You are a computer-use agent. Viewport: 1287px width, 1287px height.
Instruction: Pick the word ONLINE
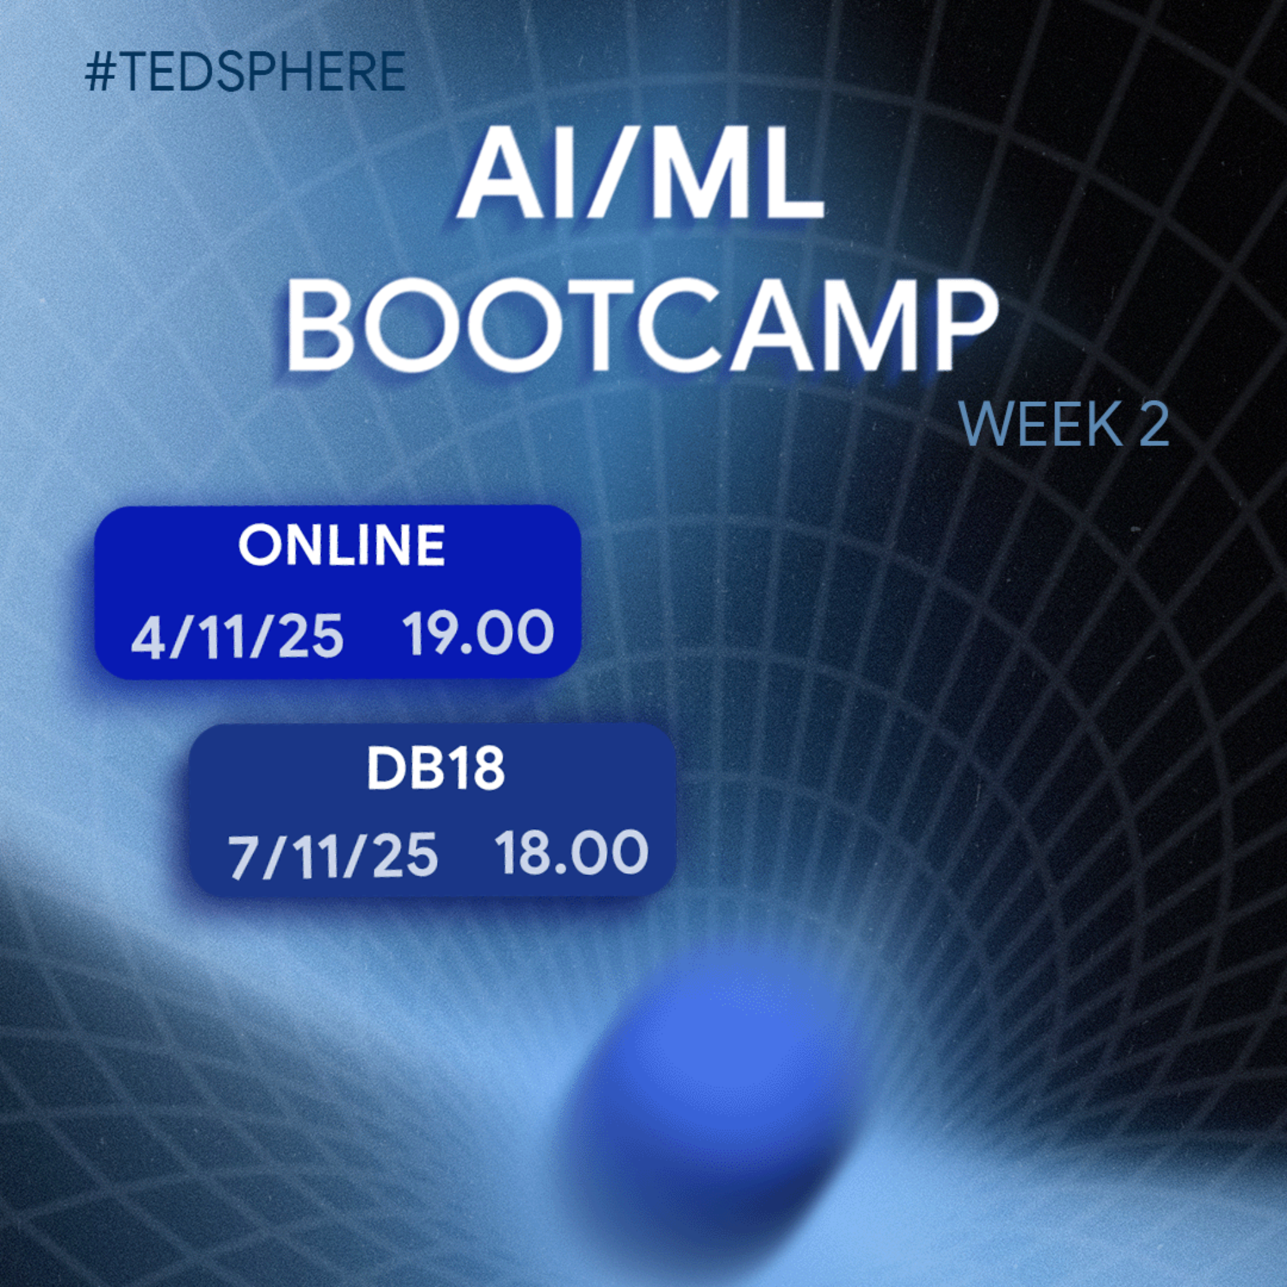coord(341,546)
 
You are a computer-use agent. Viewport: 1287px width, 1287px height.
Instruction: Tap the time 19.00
coord(478,632)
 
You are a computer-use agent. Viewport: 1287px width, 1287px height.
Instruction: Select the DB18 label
coord(435,770)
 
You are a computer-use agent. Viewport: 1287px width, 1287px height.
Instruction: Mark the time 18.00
coord(571,853)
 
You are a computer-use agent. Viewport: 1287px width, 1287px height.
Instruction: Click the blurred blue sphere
coord(710,1093)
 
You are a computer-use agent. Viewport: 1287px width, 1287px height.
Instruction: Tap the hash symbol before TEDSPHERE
coord(100,71)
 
